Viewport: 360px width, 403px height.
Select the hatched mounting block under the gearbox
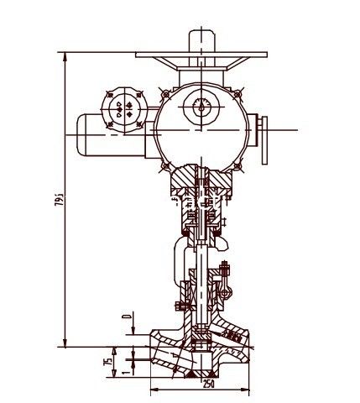200,180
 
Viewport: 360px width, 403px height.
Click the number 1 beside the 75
125,370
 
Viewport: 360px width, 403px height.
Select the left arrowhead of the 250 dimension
154,390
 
